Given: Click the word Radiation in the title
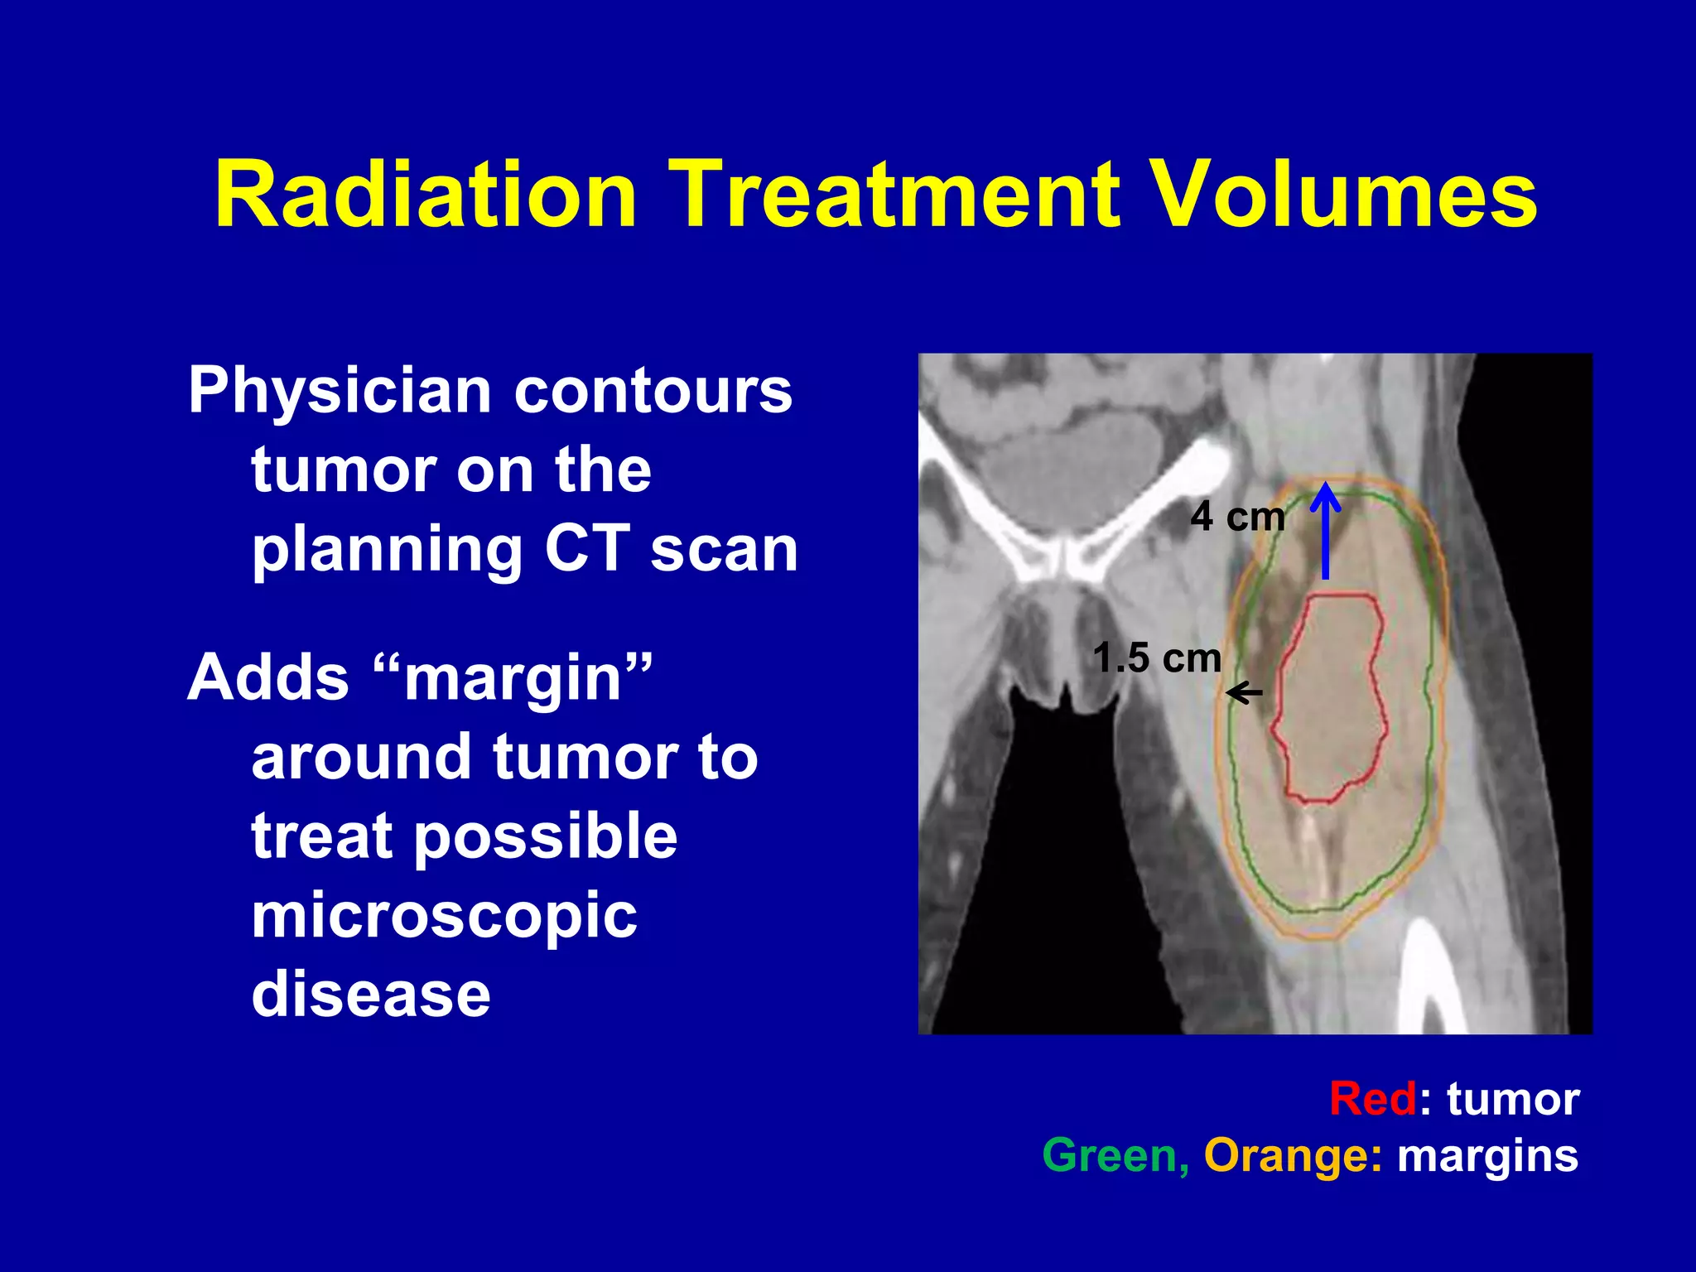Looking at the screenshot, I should [426, 195].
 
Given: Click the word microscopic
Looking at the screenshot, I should [444, 918].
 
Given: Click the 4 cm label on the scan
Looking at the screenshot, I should [1237, 518].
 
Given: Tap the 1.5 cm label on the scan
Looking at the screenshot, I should [1157, 659].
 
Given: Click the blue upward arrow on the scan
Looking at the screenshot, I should [1325, 530].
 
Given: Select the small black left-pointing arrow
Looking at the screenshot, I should [1245, 692].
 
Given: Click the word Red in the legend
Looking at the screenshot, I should [1373, 1100].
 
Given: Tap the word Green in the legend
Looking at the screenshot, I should [1115, 1155].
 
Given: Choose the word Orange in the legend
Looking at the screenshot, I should [1292, 1157].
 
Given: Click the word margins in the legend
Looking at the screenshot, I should [1487, 1157].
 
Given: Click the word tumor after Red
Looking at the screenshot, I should [1513, 1100].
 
